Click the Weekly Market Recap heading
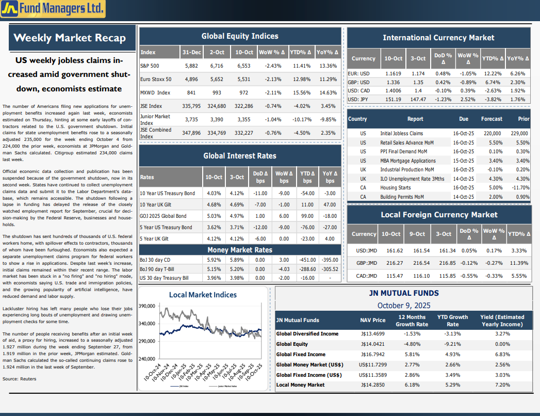pyautogui.click(x=70, y=38)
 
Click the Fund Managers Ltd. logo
pyautogui.click(x=53, y=8)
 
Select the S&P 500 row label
pyautogui.click(x=150, y=66)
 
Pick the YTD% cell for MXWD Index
pyautogui.click(x=301, y=93)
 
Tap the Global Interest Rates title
pyautogui.click(x=240, y=156)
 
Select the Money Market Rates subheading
pyautogui.click(x=240, y=250)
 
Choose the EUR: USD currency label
pyautogui.click(x=358, y=74)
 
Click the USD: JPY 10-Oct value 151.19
pyautogui.click(x=394, y=100)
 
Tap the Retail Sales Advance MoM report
pyautogui.click(x=407, y=142)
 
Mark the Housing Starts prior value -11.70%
pyautogui.click(x=521, y=188)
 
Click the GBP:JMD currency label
pyautogui.click(x=366, y=263)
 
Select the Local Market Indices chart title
pyautogui.click(x=203, y=295)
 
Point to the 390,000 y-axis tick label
pyautogui.click(x=148, y=306)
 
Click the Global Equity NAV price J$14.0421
pyautogui.click(x=373, y=344)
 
